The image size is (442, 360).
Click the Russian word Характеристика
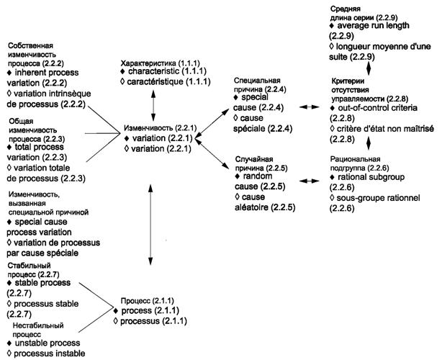[148, 63]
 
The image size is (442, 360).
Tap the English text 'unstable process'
[48, 343]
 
